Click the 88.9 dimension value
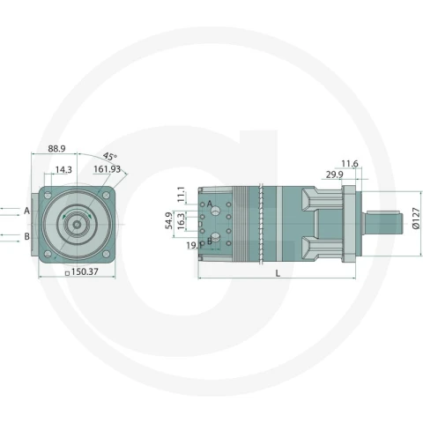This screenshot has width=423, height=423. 56,149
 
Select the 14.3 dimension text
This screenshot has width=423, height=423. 63,170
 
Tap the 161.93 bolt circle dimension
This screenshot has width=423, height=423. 107,169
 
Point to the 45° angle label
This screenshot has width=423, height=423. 110,156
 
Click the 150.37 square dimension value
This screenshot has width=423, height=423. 85,271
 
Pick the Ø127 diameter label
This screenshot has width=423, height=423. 416,219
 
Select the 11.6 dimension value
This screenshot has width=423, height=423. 350,163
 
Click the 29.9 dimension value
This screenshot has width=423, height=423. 335,174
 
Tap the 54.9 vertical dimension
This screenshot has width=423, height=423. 169,220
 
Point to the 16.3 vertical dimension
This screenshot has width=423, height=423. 181,221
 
